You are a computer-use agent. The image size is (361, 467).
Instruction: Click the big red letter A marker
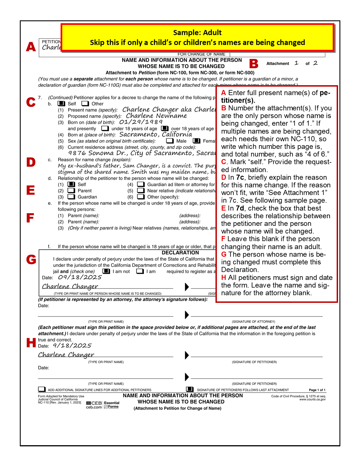point(31,47)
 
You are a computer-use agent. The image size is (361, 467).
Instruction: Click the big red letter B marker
point(254,64)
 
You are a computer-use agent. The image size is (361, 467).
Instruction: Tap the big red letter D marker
point(31,162)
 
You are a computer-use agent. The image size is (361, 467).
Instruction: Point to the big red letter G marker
point(31,259)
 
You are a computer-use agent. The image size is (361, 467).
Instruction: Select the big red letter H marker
point(31,342)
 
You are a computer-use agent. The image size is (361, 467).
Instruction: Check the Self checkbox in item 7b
point(61,104)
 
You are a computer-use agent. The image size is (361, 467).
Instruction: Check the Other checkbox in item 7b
point(85,104)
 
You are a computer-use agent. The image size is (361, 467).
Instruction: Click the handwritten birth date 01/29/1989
point(141,122)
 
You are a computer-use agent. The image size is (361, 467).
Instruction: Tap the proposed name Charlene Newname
point(156,116)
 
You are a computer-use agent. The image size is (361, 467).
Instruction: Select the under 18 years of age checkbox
point(105,128)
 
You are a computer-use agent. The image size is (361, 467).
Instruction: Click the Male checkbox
point(170,141)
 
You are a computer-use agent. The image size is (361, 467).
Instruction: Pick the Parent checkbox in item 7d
point(71,191)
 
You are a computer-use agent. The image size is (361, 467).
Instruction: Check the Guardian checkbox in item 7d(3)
point(71,197)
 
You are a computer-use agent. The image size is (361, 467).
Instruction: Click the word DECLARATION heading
point(180,253)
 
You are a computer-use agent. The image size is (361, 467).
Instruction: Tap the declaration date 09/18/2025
point(80,277)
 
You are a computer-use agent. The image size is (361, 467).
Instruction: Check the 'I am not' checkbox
point(106,271)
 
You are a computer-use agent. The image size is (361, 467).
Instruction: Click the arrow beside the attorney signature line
point(187,315)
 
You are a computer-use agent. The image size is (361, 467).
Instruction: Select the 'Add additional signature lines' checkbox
point(42,389)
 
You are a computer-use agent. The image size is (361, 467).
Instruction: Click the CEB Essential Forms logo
point(103,405)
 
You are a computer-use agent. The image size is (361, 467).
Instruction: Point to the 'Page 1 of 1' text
point(317,390)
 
